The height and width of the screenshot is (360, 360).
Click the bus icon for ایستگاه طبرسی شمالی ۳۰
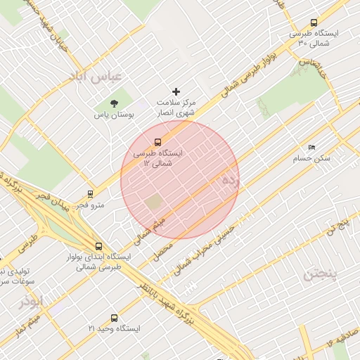313,22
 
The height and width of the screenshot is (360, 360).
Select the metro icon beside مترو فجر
90,193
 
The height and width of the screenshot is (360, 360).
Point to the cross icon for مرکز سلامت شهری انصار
176,91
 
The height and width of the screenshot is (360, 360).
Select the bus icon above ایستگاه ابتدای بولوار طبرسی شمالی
98,247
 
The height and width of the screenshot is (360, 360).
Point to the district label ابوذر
32,301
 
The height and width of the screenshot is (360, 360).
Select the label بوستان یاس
114,115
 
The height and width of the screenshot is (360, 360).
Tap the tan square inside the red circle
153,202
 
